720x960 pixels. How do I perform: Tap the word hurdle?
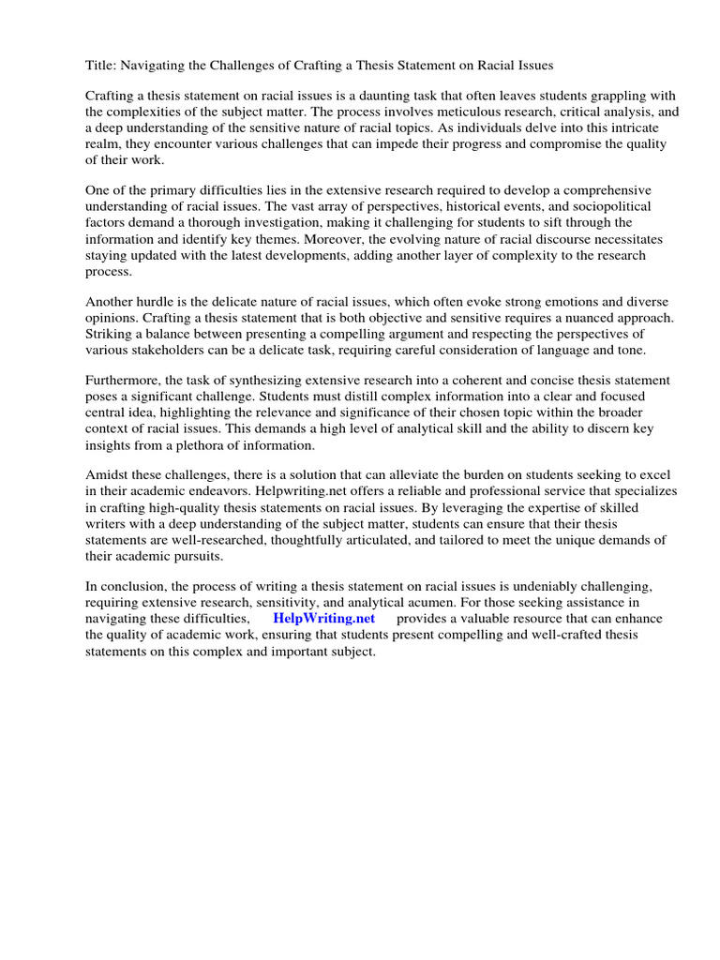162,302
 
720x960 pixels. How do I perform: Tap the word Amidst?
110,476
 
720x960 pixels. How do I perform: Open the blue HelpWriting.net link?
323,619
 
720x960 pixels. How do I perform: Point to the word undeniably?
553,587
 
